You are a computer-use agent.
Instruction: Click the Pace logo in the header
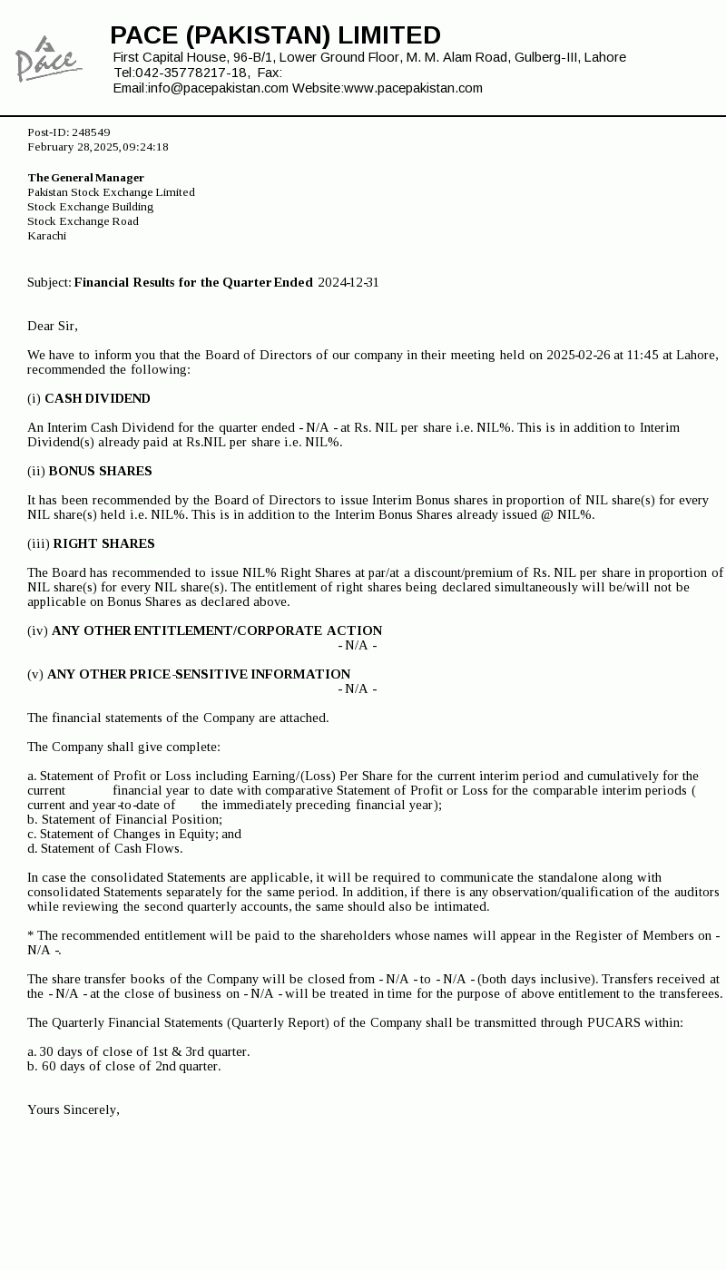[48, 60]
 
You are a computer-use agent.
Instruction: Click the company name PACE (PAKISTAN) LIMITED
[275, 35]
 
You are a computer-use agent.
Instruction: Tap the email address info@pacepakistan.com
[218, 88]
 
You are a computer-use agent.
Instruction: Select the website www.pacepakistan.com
[413, 88]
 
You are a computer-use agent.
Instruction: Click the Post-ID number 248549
[91, 132]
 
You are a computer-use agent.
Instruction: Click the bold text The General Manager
[85, 178]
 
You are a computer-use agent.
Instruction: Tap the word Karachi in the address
[46, 236]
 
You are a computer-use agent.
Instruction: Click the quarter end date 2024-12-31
[348, 282]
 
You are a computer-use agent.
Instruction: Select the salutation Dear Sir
[53, 326]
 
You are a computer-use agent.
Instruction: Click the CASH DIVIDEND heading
[97, 398]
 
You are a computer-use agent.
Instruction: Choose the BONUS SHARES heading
[100, 471]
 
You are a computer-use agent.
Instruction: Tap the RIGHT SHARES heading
[103, 543]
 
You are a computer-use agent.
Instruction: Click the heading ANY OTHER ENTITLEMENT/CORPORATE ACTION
[217, 630]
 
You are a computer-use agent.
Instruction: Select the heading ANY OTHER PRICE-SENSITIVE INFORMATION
[199, 674]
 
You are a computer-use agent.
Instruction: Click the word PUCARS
[613, 1022]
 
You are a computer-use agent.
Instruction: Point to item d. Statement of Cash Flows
[104, 848]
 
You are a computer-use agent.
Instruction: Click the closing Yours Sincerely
[74, 1109]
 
